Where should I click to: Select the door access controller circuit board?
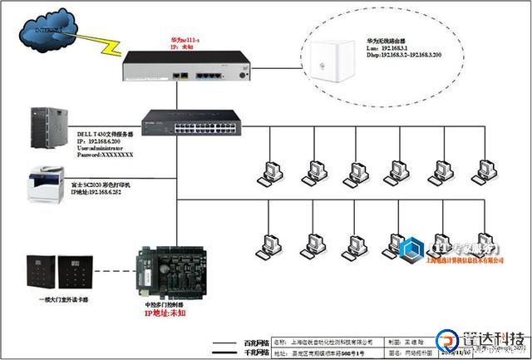point(170,270)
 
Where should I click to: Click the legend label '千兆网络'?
point(255,353)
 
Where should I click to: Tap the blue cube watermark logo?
point(411,250)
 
